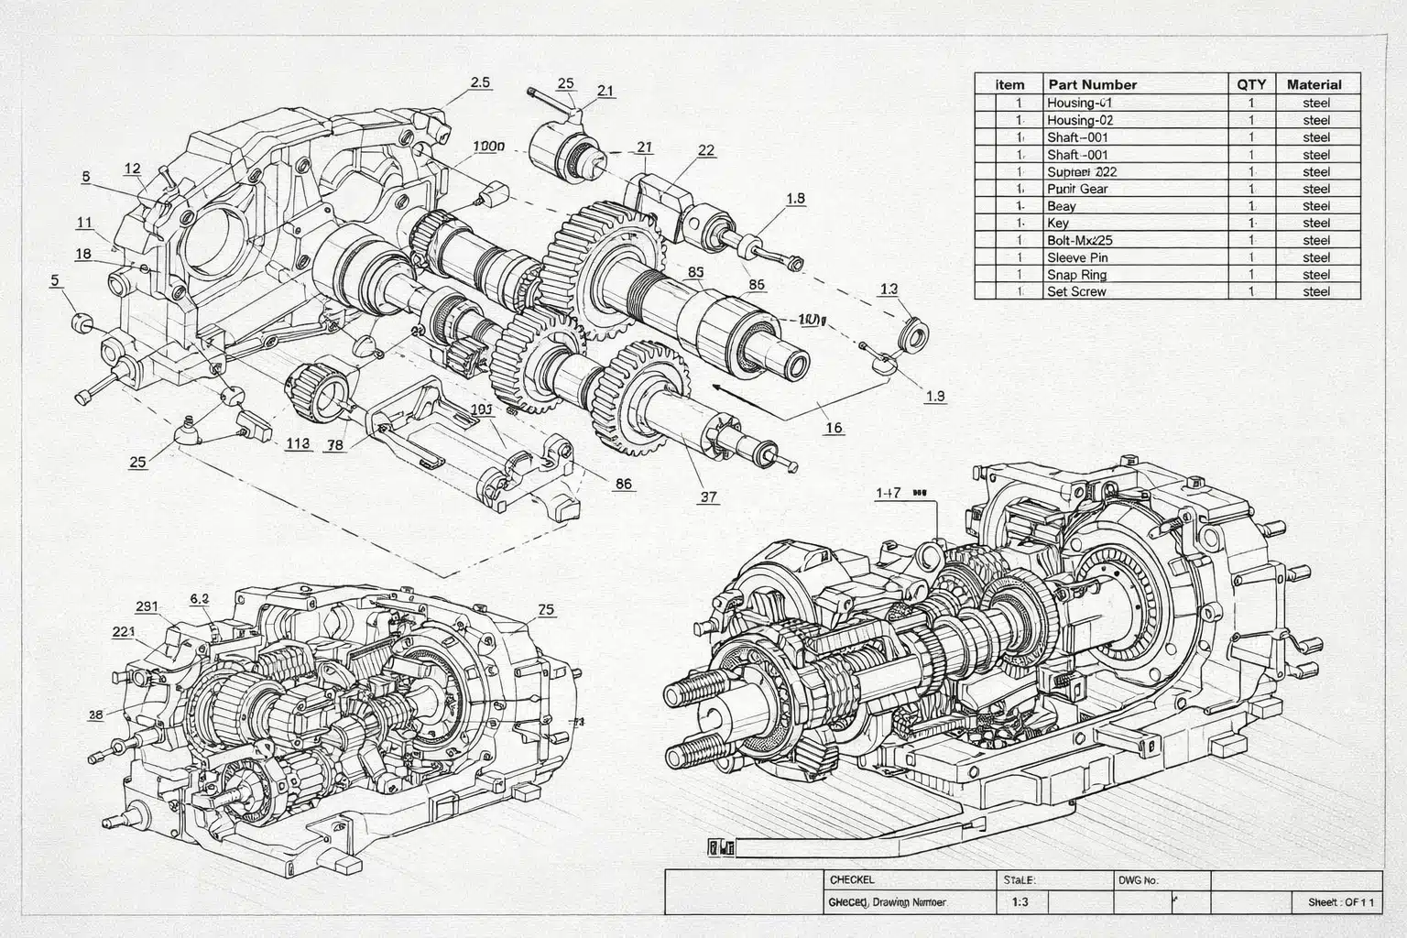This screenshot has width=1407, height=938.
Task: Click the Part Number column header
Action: coord(1092,84)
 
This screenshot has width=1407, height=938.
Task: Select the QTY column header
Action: coord(1251,84)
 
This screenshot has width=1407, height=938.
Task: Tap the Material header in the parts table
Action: coord(1314,84)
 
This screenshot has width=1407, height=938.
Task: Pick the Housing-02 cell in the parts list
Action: coord(1080,120)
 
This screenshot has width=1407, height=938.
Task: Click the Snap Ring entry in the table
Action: coord(1076,275)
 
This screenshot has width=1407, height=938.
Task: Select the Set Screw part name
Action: coord(1076,292)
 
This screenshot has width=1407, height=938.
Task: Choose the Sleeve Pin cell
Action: coord(1077,257)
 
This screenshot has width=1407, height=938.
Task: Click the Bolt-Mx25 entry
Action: coord(1079,240)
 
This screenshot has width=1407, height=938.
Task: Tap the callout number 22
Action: coord(706,150)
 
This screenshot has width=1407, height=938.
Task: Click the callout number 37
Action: coord(708,497)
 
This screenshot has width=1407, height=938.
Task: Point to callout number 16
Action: coord(834,428)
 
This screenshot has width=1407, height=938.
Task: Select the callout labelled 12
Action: coord(133,169)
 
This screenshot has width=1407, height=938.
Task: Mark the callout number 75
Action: coord(546,609)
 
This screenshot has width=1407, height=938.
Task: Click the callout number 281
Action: coord(147,606)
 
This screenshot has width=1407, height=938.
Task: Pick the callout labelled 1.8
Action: coord(796,198)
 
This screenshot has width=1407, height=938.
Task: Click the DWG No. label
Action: coord(1139,880)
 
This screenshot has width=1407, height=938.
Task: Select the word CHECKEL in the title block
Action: coord(852,879)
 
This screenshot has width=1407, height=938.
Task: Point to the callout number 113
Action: coord(298,444)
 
